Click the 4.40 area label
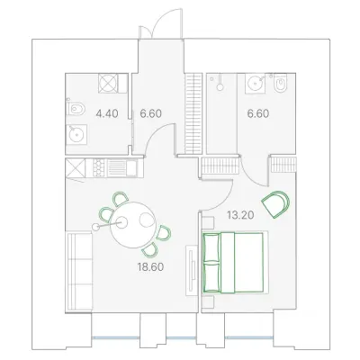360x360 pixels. (x=107, y=113)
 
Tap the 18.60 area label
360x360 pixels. (x=150, y=266)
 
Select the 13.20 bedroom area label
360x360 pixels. (x=240, y=215)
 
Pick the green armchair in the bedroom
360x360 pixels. (x=276, y=203)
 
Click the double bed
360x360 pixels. (x=233, y=262)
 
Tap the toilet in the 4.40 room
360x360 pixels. (x=76, y=109)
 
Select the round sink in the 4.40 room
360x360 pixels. (x=76, y=134)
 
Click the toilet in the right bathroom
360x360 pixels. (x=281, y=83)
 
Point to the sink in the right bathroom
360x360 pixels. (x=256, y=83)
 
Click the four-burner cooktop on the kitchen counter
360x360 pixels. (x=97, y=167)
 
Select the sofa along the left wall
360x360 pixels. (x=79, y=272)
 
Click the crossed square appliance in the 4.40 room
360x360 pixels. (x=108, y=83)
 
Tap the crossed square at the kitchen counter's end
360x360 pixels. (x=76, y=167)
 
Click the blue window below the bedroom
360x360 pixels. (x=249, y=337)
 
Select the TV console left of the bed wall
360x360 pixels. (x=192, y=271)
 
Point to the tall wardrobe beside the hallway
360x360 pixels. (x=193, y=113)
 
